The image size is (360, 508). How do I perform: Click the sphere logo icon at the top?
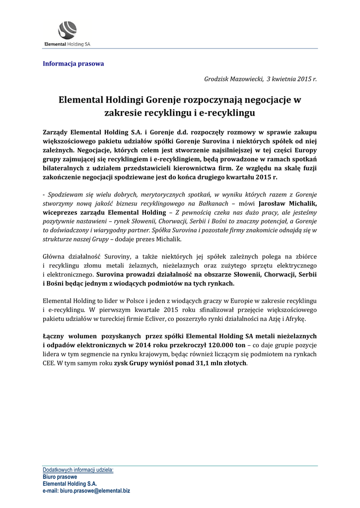[x=68, y=30]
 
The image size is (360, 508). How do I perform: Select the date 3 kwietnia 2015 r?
[x=291, y=79]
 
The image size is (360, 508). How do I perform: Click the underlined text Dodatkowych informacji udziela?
[x=78, y=469]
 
